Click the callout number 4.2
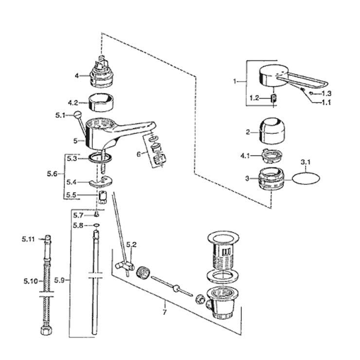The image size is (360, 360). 73,103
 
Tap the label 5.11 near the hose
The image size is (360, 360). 28,239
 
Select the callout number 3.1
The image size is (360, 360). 306,162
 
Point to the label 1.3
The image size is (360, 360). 326,93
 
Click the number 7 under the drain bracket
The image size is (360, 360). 164,312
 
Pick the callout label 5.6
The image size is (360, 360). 52,174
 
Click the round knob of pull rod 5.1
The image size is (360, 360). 77,114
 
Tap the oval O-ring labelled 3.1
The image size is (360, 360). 306,178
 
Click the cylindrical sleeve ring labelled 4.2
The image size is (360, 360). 101,102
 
